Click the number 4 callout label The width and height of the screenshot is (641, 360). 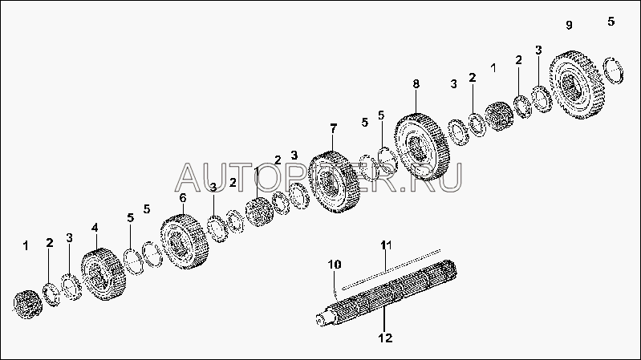[x=95, y=228]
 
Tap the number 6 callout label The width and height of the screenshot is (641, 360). [x=183, y=198]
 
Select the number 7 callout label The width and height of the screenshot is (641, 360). [x=334, y=129]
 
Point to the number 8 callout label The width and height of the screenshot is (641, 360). [x=416, y=84]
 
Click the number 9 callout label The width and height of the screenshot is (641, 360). [x=569, y=25]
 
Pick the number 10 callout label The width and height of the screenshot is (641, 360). [x=335, y=265]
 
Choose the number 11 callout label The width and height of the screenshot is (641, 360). [x=387, y=245]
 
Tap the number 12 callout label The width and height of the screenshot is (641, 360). [x=386, y=338]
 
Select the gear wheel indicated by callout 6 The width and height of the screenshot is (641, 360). [x=185, y=241]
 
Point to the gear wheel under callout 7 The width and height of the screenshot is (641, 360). [x=334, y=182]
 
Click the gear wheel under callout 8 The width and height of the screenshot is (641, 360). [x=422, y=147]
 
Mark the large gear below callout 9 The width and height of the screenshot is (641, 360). [x=577, y=84]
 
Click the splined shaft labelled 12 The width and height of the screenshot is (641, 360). [x=387, y=293]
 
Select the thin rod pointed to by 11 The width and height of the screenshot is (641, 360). [x=391, y=269]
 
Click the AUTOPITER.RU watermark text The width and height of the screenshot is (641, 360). [x=319, y=177]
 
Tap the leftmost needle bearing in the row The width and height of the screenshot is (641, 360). [x=28, y=305]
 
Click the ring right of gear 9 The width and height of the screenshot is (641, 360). [x=614, y=71]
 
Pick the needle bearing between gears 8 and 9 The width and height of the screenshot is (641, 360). [x=499, y=116]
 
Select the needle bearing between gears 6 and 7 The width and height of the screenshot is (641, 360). [x=260, y=212]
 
